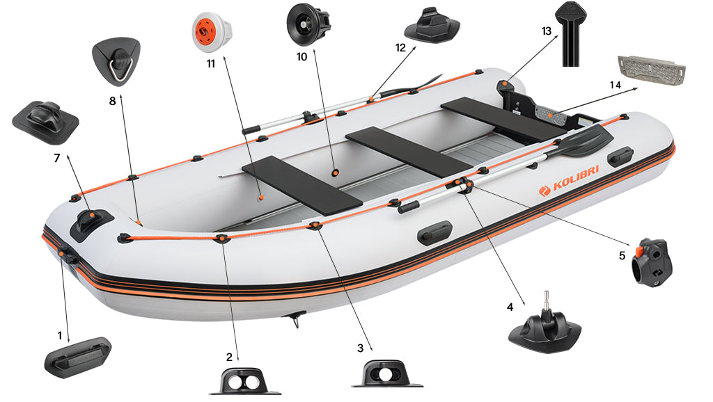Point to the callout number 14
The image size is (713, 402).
[x=615, y=84]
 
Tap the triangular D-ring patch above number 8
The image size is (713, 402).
[x=115, y=61]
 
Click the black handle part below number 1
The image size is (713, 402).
[x=77, y=355]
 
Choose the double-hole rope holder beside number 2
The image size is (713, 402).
[x=245, y=382]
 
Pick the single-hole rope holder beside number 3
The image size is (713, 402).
[x=386, y=374]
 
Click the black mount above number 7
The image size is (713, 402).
[x=45, y=120]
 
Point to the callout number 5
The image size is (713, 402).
[x=621, y=255]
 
